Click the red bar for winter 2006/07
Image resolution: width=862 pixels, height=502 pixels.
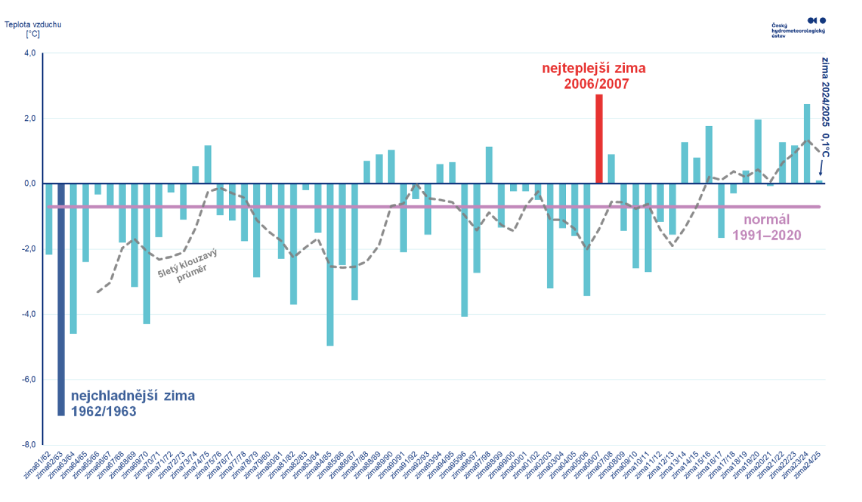599,139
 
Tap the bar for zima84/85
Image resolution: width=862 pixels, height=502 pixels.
330,264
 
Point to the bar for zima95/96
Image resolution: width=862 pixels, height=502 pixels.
464,250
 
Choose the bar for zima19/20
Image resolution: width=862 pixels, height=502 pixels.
758,152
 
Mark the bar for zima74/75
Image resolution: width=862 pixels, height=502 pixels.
207,164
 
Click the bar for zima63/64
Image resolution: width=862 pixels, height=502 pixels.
73,258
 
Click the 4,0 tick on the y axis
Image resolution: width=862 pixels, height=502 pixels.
30,54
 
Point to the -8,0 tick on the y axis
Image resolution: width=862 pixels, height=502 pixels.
29,444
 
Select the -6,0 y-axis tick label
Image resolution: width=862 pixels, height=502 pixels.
29,379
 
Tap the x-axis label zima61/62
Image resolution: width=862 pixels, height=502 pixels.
37,465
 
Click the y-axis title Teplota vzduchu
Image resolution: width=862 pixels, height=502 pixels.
33,25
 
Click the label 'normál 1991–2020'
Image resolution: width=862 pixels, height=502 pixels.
766,227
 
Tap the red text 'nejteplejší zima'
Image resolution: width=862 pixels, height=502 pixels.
593,68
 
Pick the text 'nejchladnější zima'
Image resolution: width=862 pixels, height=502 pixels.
133,396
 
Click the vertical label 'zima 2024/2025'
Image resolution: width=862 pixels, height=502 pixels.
825,92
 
